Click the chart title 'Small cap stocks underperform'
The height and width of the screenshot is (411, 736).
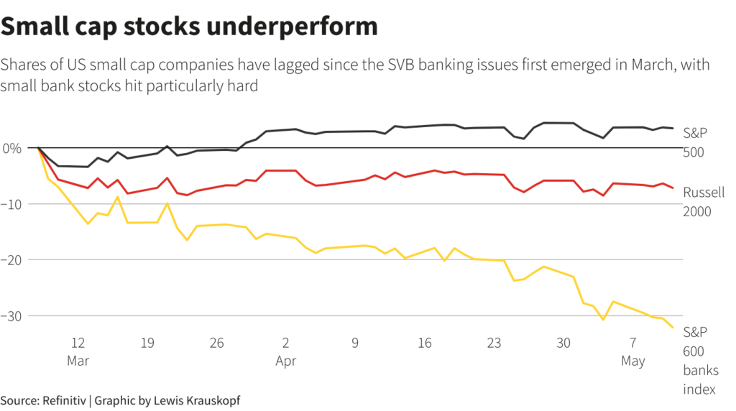(189, 26)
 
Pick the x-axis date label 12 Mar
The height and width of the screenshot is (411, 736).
(78, 351)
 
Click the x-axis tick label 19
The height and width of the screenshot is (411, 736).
(147, 343)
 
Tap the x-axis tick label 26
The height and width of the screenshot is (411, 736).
(217, 343)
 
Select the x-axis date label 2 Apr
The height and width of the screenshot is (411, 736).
(286, 351)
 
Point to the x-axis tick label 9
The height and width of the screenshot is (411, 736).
(355, 343)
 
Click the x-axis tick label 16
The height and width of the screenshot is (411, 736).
(425, 343)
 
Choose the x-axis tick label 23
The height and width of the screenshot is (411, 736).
(494, 343)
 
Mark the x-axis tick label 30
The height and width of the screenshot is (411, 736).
(563, 343)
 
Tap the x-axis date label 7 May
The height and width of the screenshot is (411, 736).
(633, 351)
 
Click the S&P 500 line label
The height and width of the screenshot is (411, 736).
(695, 142)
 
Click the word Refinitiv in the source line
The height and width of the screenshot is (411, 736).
(64, 400)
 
